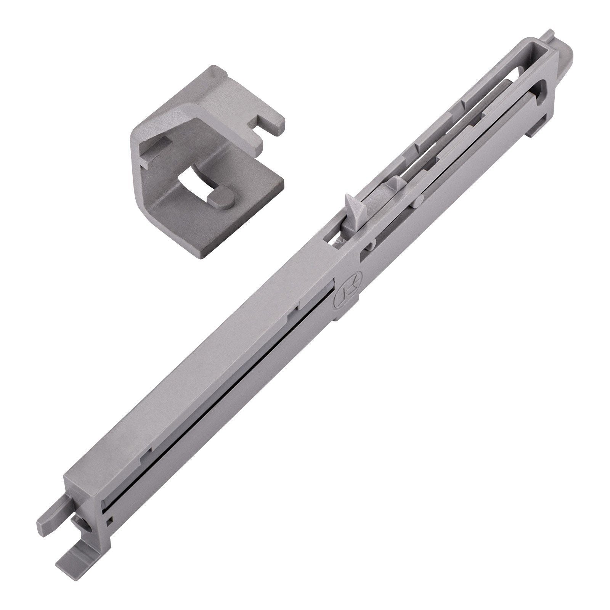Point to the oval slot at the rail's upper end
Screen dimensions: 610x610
point(543,80)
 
